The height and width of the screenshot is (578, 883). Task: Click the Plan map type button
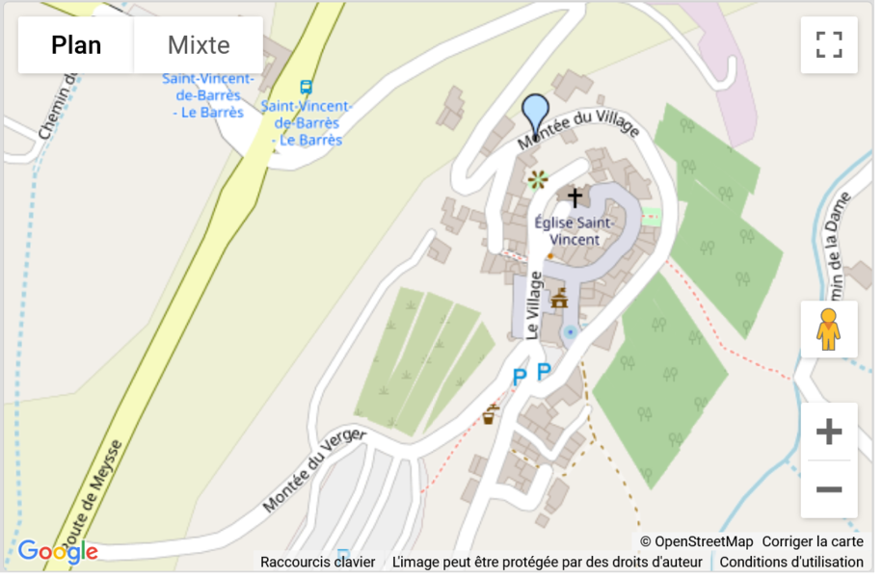[x=76, y=45]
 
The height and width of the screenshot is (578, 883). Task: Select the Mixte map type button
[x=199, y=45]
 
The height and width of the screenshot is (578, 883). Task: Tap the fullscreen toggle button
[x=828, y=45]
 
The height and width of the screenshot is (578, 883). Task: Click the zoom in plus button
[x=828, y=433]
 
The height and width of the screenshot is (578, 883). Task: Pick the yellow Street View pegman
[x=828, y=329]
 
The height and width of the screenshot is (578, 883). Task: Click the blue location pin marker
[x=535, y=115]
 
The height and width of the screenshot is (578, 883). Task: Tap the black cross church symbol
[x=575, y=198]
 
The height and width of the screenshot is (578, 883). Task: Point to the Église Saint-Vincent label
[x=574, y=231]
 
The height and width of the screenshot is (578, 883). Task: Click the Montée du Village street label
[x=578, y=130]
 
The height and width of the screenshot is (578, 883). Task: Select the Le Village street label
[x=533, y=304]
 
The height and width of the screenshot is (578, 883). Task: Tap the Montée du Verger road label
[x=314, y=470]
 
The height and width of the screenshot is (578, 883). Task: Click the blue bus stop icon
[x=306, y=88]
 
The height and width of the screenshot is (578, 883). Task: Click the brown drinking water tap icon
[x=490, y=415]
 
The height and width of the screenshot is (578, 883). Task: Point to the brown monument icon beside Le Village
[x=558, y=299]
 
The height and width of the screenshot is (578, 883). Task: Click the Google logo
[x=58, y=551]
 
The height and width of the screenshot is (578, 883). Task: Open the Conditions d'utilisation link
[x=791, y=562]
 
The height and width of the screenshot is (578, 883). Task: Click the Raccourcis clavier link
[x=317, y=562]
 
